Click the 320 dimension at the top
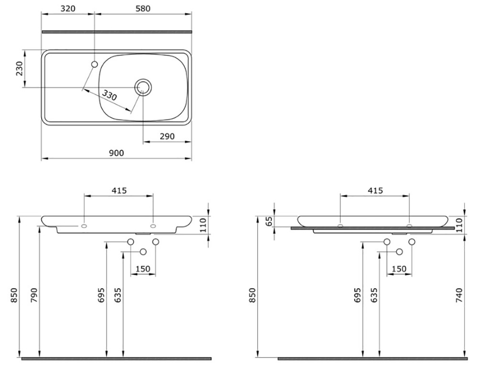click(68, 9)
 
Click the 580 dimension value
click(143, 9)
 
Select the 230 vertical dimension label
click(20, 69)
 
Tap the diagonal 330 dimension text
click(109, 96)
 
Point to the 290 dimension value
click(167, 136)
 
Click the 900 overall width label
click(117, 153)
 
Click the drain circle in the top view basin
click(143, 87)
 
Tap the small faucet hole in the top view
click(94, 65)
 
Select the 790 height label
click(34, 295)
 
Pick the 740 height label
click(459, 295)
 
